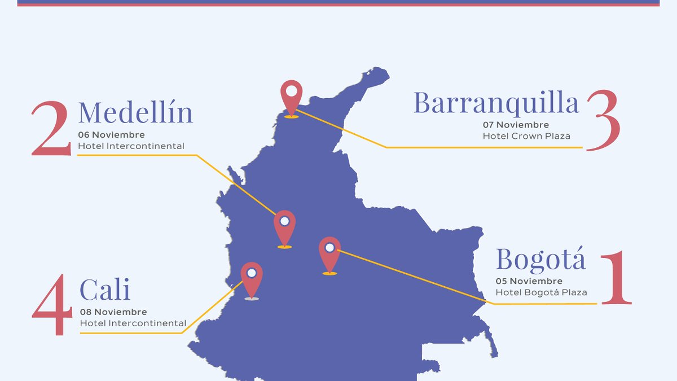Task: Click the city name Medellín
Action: (x=135, y=112)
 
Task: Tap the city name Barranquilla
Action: (x=496, y=103)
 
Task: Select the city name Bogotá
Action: (x=540, y=260)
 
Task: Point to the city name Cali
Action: (x=105, y=290)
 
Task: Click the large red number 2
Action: (x=51, y=129)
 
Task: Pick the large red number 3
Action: (x=603, y=121)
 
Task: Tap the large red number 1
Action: (x=616, y=278)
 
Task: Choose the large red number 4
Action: (x=52, y=305)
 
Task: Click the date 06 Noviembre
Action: (x=111, y=135)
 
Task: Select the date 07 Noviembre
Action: (x=516, y=125)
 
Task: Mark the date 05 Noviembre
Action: (x=529, y=281)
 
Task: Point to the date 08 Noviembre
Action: (x=113, y=312)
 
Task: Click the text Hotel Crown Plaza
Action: (x=526, y=136)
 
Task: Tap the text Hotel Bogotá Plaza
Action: (x=541, y=292)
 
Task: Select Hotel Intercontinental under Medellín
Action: (x=131, y=146)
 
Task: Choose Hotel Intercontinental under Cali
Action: (x=133, y=323)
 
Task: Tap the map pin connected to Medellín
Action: (x=284, y=227)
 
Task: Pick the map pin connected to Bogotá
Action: (x=329, y=253)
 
